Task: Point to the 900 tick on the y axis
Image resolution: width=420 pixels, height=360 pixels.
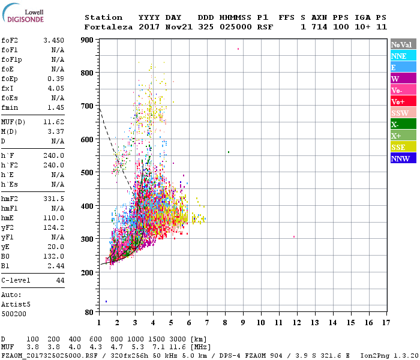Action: (x=88, y=40)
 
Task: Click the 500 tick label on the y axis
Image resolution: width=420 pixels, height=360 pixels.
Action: (x=88, y=173)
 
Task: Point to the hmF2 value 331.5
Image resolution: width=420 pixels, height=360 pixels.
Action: (x=54, y=199)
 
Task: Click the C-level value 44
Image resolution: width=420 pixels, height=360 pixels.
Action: (x=60, y=280)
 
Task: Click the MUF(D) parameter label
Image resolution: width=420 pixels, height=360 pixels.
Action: (x=13, y=122)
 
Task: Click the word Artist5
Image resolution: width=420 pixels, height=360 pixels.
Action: (x=17, y=304)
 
